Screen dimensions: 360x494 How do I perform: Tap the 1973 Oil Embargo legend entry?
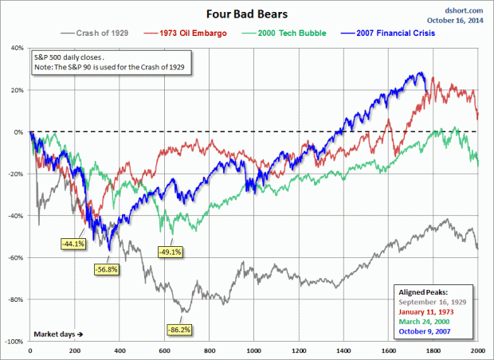coord(186,33)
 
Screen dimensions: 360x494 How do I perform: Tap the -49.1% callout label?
coord(171,252)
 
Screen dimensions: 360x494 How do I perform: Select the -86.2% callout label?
coord(178,328)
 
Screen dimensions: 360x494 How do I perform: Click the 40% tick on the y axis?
coord(16,48)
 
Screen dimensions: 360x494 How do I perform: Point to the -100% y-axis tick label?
coord(14,341)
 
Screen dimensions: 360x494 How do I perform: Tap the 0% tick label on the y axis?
coord(18,131)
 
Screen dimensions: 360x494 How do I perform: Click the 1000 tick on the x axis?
coord(253,350)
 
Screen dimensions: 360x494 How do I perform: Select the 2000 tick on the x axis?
coord(478,350)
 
